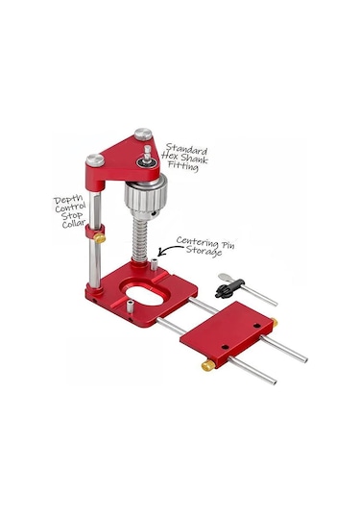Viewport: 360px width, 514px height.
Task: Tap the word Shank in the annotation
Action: click(x=194, y=159)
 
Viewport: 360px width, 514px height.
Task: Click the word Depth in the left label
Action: click(x=69, y=199)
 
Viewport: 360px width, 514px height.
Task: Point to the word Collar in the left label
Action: click(x=74, y=224)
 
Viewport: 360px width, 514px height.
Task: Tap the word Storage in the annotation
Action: click(x=204, y=252)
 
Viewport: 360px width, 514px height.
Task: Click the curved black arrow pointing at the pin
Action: click(x=168, y=251)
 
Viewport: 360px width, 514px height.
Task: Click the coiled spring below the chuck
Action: click(x=140, y=237)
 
